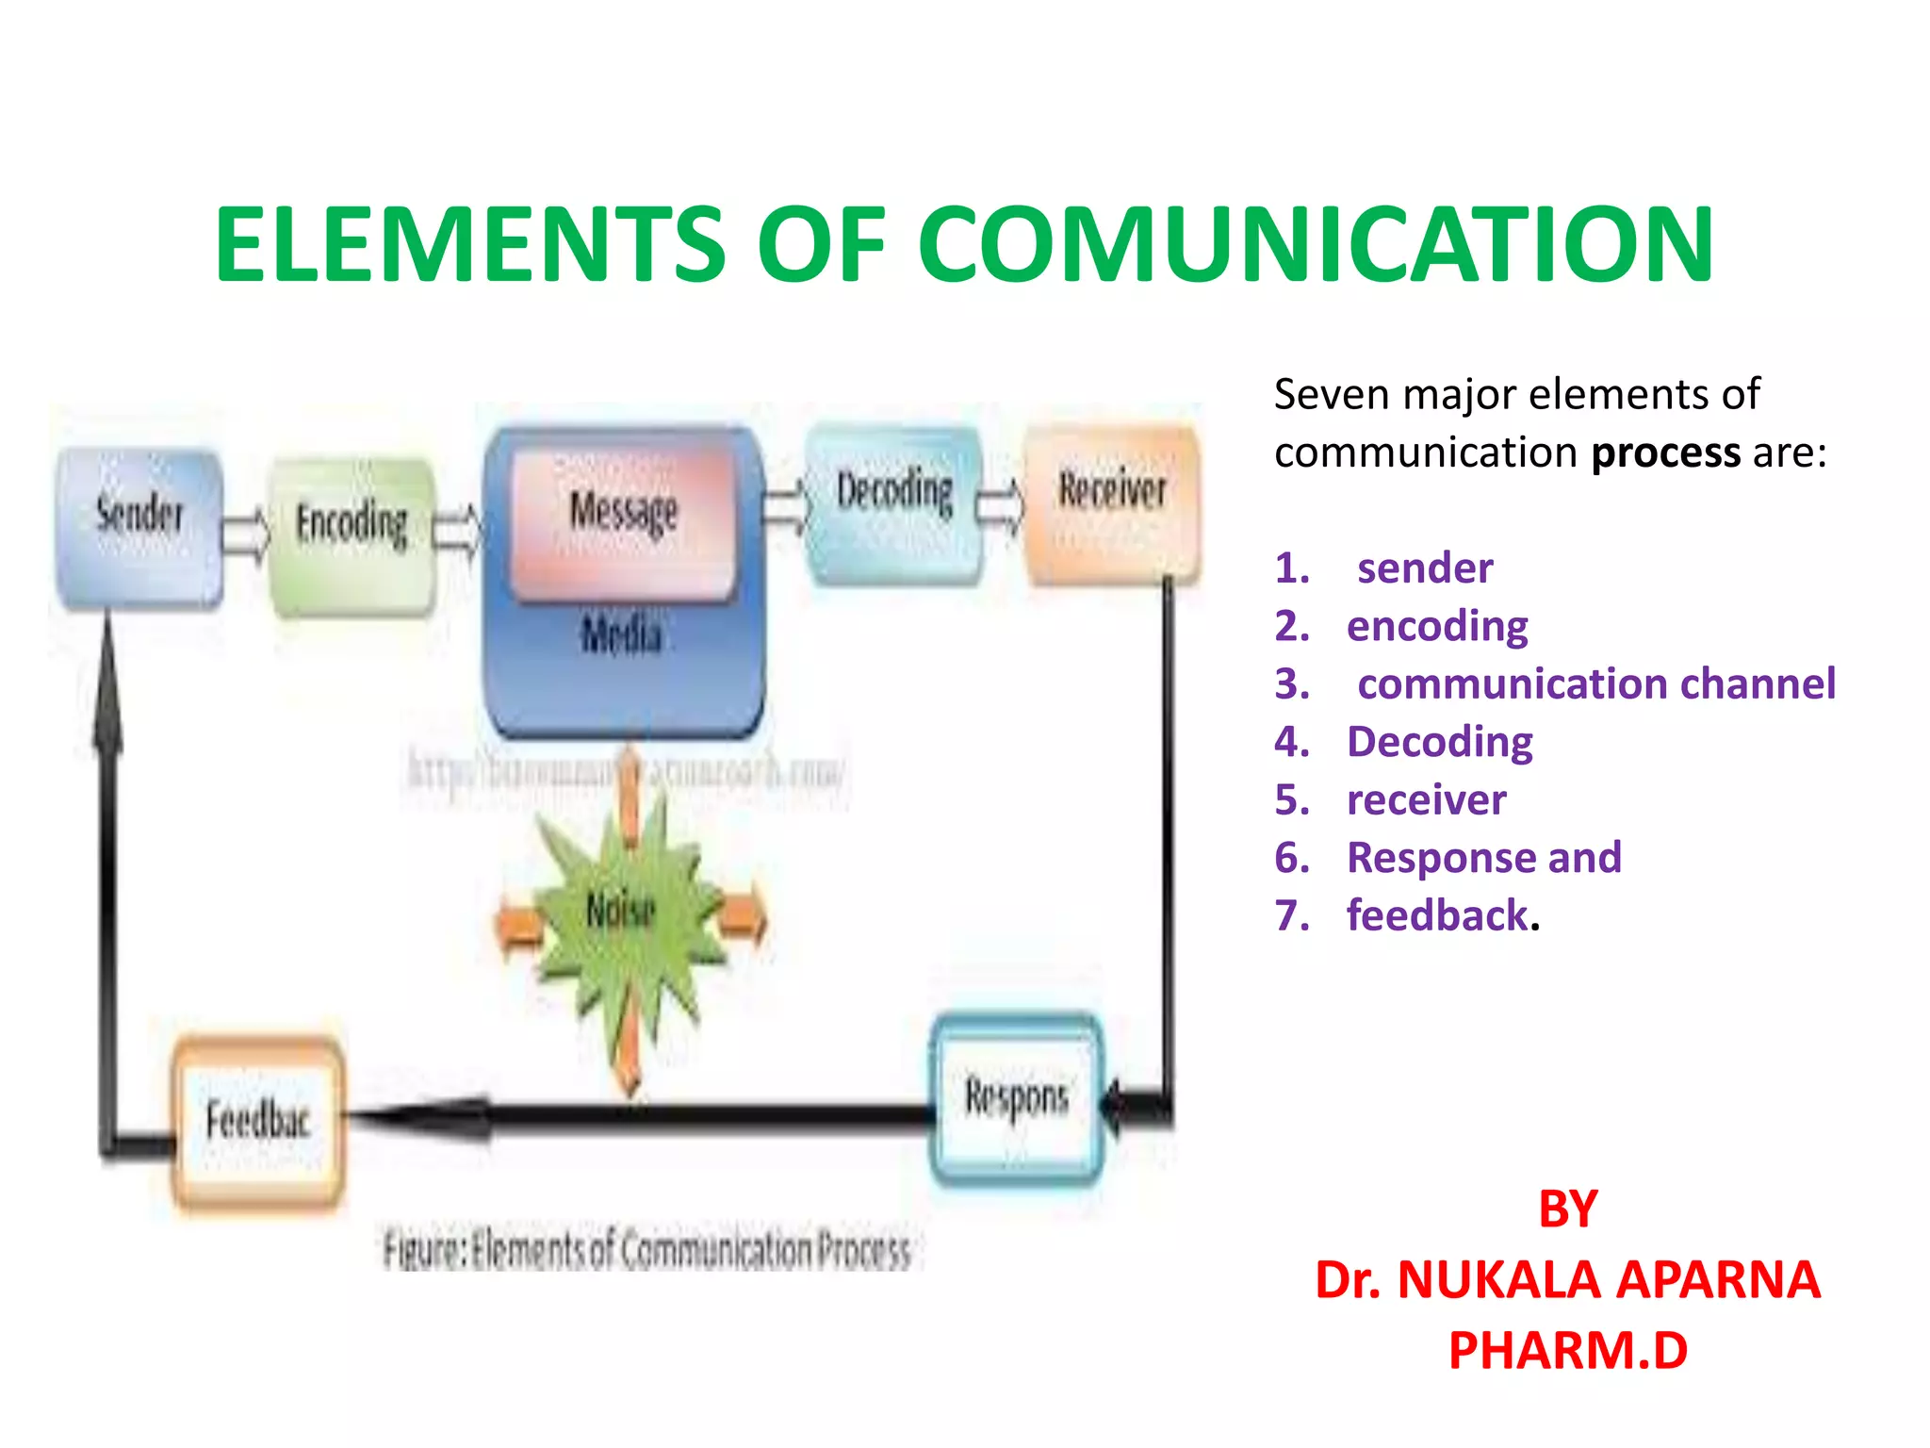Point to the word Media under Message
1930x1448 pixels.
tap(622, 633)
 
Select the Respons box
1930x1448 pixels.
tap(1016, 1099)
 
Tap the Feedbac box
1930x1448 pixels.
tap(257, 1121)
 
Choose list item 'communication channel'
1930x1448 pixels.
tap(1595, 684)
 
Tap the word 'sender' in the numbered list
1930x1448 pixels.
tap(1425, 568)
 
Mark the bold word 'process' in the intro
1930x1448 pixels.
tap(1665, 453)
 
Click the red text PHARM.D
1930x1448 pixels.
tap(1567, 1350)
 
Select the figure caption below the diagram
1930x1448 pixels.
tap(647, 1251)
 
